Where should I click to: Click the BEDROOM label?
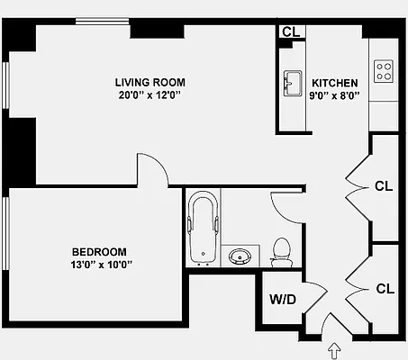pos(99,252)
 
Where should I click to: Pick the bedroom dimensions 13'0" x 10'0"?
pos(99,265)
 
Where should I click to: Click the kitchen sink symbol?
pos(292,84)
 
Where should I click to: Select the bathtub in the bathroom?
pos(200,230)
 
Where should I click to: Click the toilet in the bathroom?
pos(281,252)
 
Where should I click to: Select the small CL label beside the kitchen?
pos(290,32)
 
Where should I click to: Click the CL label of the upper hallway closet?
pos(385,187)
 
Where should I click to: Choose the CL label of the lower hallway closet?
pos(385,289)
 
